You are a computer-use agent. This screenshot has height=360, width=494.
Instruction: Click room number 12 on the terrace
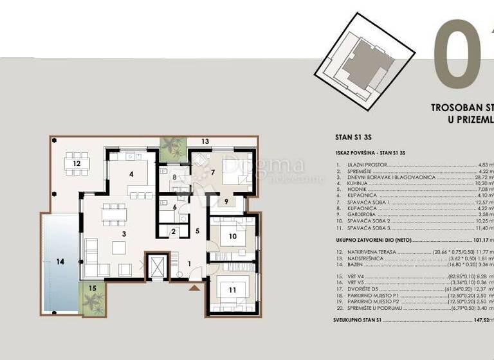pos(76,164)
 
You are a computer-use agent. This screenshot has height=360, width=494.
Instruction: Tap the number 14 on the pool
pos(60,262)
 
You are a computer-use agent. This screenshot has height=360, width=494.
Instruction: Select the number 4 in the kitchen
pos(131,174)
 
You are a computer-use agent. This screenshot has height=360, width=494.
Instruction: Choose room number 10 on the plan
pos(233,236)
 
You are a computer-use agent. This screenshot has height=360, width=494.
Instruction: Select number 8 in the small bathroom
pos(174,177)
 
